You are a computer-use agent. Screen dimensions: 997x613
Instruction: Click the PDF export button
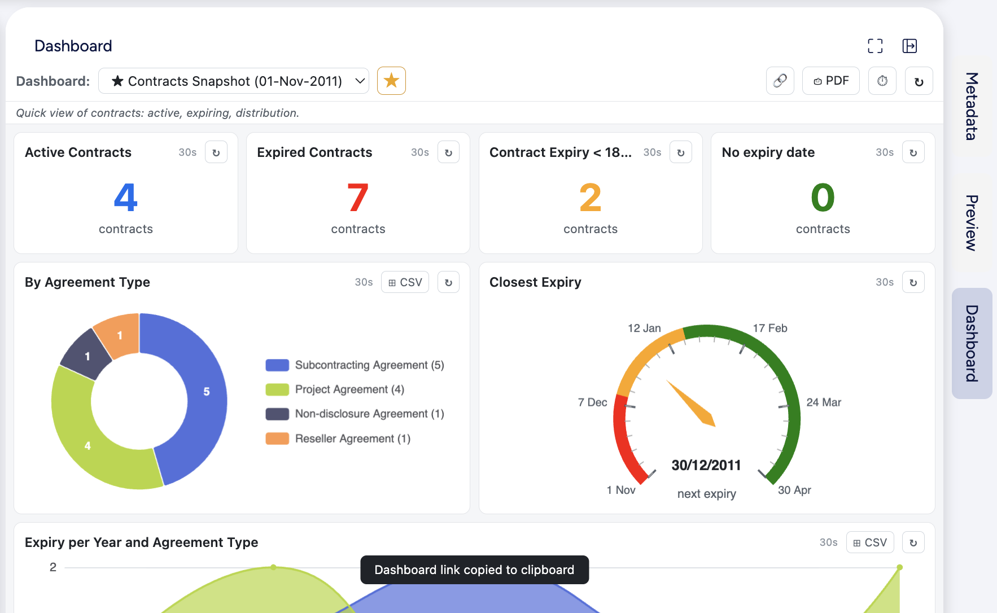pos(830,81)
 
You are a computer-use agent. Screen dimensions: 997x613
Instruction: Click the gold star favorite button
pos(391,81)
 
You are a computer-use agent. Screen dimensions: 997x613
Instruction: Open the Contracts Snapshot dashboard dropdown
pos(234,81)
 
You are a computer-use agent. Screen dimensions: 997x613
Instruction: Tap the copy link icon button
pos(780,81)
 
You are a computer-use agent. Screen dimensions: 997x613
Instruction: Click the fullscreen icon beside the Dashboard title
pos(875,46)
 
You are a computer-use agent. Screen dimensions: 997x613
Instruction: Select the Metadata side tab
pos(972,106)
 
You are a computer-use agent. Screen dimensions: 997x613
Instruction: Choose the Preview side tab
pos(972,223)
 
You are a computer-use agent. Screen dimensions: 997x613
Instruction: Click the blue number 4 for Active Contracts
pos(126,198)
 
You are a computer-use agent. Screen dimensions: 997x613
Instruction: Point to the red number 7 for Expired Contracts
pos(358,198)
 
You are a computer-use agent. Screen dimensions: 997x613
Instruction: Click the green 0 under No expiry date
pos(823,198)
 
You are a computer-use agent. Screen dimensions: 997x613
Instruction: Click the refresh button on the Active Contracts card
pos(216,152)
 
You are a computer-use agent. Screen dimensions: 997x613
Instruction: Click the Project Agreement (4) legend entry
pos(335,389)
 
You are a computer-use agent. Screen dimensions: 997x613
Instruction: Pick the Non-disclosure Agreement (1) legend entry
pos(355,414)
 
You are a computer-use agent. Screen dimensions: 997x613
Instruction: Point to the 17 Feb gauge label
pos(770,328)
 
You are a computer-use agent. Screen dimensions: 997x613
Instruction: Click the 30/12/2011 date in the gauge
pos(706,465)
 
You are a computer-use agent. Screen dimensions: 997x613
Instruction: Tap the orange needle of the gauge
pos(691,403)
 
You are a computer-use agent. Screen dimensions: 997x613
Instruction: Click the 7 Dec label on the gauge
pos(592,402)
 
